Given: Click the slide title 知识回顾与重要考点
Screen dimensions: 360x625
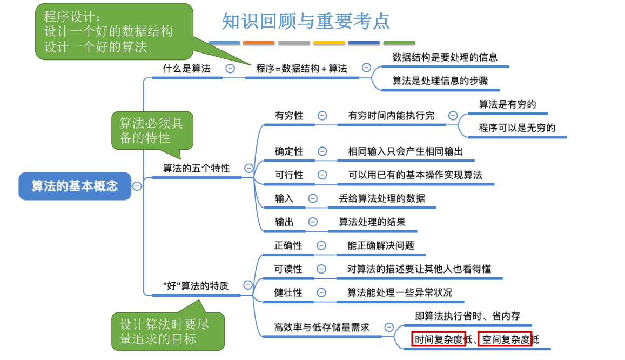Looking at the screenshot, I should pyautogui.click(x=306, y=21).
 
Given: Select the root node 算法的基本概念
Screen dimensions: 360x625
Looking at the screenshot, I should pyautogui.click(x=75, y=186).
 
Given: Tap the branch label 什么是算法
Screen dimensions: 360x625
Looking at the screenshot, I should pyautogui.click(x=187, y=69).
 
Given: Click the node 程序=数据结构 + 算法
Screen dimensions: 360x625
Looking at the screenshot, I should pyautogui.click(x=301, y=69).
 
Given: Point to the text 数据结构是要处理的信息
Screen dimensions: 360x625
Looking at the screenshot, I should pyautogui.click(x=445, y=57).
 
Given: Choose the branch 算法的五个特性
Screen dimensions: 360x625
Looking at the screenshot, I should pyautogui.click(x=196, y=169).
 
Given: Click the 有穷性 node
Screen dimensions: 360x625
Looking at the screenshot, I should pyautogui.click(x=289, y=116).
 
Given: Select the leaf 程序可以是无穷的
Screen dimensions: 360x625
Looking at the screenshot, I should pyautogui.click(x=517, y=128).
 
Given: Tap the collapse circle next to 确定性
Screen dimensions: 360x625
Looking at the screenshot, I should pyautogui.click(x=322, y=151).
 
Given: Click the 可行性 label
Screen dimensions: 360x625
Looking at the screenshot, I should pyautogui.click(x=289, y=175).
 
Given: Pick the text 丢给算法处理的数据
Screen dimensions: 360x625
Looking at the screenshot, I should pyautogui.click(x=381, y=198).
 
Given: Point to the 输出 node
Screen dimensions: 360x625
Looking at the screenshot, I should pyautogui.click(x=284, y=222).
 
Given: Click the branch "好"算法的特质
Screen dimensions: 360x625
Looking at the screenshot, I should pyautogui.click(x=196, y=285).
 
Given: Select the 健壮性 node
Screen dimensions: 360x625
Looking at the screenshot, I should pyautogui.click(x=288, y=292).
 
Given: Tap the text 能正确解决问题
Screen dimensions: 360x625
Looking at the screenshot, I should pyautogui.click(x=380, y=245).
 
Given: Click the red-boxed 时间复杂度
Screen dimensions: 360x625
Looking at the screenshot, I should pyautogui.click(x=438, y=339).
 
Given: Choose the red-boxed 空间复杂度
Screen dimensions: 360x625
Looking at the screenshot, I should pyautogui.click(x=505, y=339).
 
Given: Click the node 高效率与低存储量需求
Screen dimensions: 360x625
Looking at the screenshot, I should pyautogui.click(x=321, y=327).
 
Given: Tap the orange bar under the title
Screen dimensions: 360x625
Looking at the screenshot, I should pyautogui.click(x=258, y=43).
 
